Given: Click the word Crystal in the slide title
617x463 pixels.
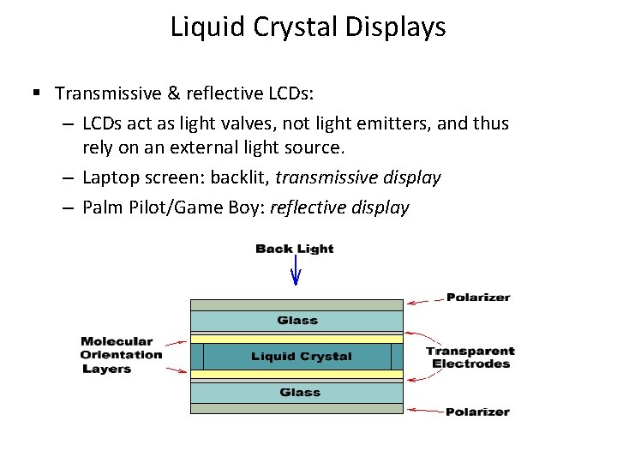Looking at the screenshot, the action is [297, 27].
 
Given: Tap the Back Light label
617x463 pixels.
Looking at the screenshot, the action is [295, 249].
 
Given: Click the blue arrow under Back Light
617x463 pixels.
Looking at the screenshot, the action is [296, 274].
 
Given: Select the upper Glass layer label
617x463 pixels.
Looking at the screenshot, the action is [297, 321].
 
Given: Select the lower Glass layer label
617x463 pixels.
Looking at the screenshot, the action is [298, 393].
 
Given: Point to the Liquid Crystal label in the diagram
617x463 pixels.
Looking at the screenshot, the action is [301, 357].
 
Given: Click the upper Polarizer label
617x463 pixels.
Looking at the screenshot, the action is [477, 298].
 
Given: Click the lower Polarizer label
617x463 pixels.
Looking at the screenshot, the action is [477, 412].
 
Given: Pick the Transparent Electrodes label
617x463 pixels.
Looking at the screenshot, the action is [470, 357].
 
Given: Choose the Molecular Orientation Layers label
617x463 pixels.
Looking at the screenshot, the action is [121, 355].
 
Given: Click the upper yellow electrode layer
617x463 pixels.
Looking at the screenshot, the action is [296, 339].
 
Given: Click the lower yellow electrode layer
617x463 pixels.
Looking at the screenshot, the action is [296, 375].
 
